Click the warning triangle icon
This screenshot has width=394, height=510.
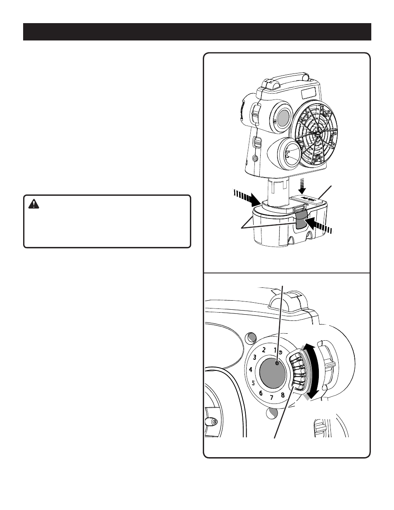pos(33,204)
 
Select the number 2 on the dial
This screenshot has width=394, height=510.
pos(264,350)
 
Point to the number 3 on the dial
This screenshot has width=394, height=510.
pos(255,358)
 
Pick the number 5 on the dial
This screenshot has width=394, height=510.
pos(253,383)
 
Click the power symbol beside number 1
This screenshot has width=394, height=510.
pos(280,352)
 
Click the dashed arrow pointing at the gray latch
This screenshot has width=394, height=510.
pos(319,225)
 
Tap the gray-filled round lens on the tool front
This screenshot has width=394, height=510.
pos(284,118)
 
